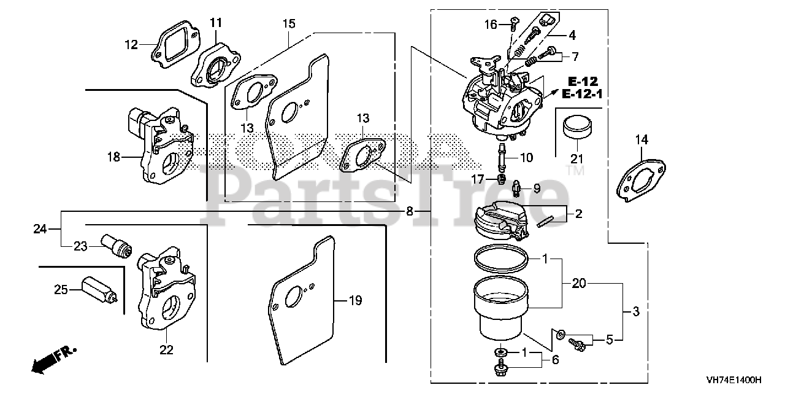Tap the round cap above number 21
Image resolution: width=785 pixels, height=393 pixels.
point(578,128)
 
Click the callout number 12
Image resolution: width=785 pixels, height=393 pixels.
point(131,44)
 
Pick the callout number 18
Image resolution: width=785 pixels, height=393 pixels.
point(113,157)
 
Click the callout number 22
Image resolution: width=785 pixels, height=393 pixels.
point(166,351)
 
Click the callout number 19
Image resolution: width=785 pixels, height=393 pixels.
point(354,301)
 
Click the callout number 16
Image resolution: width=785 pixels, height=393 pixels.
point(490,25)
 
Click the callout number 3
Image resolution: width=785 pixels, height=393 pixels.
point(636,312)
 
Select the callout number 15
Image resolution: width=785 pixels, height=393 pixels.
point(289,24)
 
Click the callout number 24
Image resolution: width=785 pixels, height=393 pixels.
point(40,229)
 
